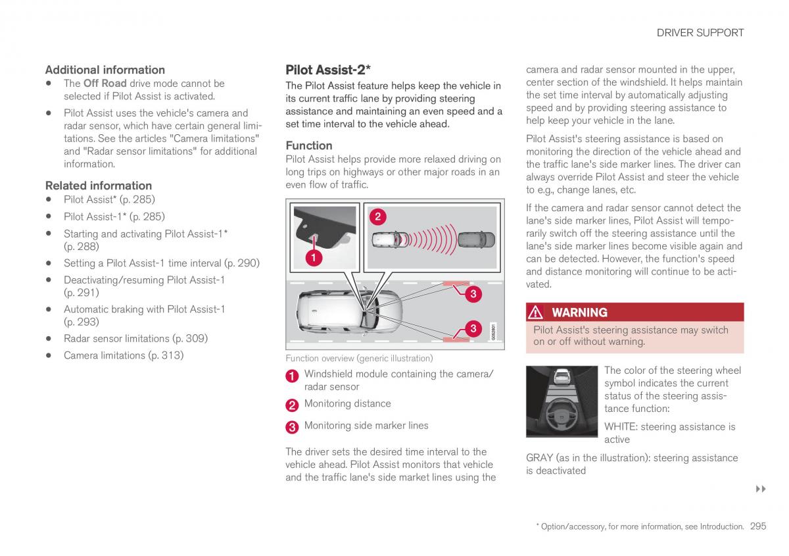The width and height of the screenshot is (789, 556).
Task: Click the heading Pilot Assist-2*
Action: (328, 70)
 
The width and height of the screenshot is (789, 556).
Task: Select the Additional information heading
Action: (105, 70)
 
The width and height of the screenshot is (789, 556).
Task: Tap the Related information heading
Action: (98, 186)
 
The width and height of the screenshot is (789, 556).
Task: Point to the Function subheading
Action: (308, 145)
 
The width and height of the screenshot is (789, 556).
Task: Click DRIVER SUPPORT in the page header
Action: (700, 32)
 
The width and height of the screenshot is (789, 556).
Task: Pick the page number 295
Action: (758, 526)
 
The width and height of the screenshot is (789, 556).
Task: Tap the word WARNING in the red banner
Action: (579, 313)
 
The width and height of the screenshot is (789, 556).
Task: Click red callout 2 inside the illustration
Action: (378, 216)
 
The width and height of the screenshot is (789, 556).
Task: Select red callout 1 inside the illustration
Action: (314, 259)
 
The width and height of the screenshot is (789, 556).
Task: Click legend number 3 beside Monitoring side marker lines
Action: (292, 427)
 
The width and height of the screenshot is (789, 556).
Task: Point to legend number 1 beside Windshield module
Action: (292, 376)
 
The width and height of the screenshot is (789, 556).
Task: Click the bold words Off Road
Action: (105, 84)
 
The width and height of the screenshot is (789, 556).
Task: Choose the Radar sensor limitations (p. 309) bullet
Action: (135, 338)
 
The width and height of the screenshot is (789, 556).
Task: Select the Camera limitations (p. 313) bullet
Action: (123, 355)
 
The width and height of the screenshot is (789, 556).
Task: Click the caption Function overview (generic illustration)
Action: (359, 359)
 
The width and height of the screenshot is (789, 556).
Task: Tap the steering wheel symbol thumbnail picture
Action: (560, 401)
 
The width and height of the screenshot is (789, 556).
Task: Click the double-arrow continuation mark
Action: (761, 489)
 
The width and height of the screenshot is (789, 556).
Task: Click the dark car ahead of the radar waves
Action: (475, 239)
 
